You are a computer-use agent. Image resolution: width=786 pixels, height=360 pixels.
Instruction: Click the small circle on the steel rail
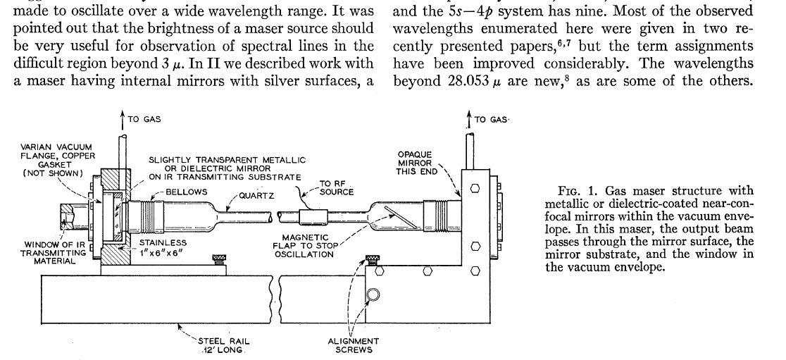tap(374, 293)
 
